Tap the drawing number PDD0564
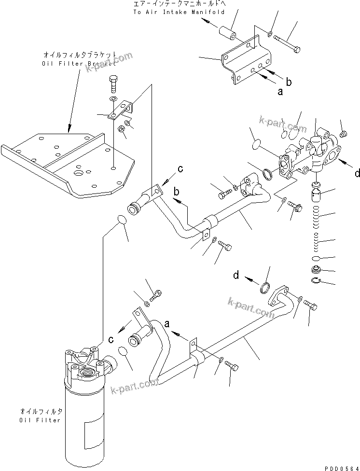pos(340,466)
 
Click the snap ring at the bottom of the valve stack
pos(316,281)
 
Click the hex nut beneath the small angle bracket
pos(123,129)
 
